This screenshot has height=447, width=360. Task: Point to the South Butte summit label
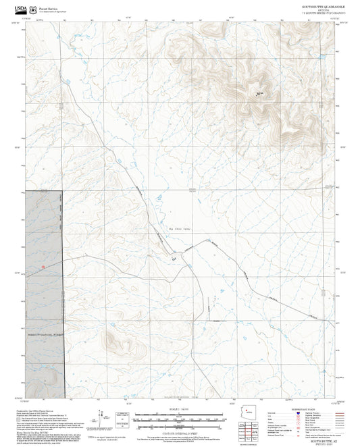coord(258,94)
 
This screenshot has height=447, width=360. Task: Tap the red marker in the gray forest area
coord(43,267)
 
